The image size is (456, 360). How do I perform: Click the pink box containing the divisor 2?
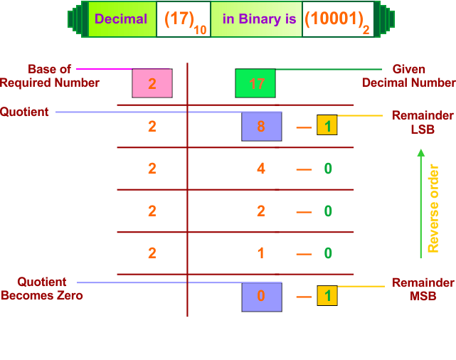point(152,83)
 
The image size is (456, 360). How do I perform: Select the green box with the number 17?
point(255,83)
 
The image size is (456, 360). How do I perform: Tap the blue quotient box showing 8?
point(261,126)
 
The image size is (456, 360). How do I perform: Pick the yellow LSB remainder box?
point(327,125)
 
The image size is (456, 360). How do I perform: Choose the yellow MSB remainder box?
point(327,295)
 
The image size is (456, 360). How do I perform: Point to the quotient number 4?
point(261,169)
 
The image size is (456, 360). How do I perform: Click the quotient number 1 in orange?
point(261,253)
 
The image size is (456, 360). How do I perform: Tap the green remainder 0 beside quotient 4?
point(328,169)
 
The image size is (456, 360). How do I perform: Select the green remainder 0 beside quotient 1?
point(328,253)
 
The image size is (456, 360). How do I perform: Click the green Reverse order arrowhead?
point(420,153)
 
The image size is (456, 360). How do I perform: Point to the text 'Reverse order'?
point(433,208)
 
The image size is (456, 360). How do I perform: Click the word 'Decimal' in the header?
point(121,19)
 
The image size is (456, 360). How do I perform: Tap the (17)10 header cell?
point(183,20)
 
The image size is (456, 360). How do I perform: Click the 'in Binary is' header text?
point(259,19)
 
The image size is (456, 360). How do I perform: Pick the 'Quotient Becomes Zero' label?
point(42,289)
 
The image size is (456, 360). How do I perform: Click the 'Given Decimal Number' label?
point(408,76)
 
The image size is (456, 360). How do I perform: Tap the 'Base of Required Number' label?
point(50,76)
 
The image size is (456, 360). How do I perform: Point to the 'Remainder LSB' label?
point(423,120)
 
